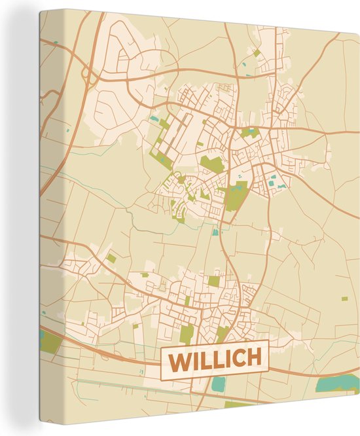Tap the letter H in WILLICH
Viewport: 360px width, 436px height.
[253, 357]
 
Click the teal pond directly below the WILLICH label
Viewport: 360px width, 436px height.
[217, 384]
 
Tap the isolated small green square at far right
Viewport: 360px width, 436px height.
[344, 299]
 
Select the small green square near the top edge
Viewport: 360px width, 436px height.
[257, 52]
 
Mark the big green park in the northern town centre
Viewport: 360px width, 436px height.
[211, 164]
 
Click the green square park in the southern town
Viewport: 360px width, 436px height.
[214, 282]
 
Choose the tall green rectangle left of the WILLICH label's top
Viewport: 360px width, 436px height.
[187, 334]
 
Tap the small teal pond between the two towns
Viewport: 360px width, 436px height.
[215, 231]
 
